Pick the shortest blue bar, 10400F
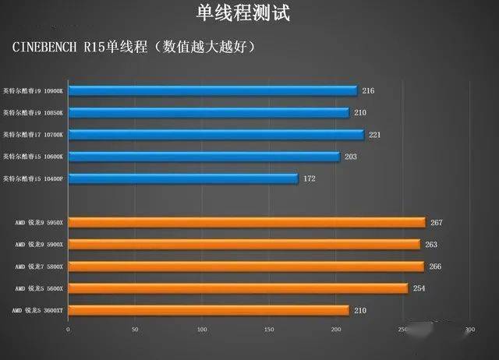[183, 179]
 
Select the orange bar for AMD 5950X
[246, 223]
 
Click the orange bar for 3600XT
[208, 311]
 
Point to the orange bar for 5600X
[238, 288]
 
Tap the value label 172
[310, 179]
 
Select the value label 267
[437, 223]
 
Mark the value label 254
[419, 288]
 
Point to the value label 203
[352, 157]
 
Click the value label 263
[431, 245]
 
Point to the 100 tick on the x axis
[202, 330]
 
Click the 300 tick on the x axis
[469, 330]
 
